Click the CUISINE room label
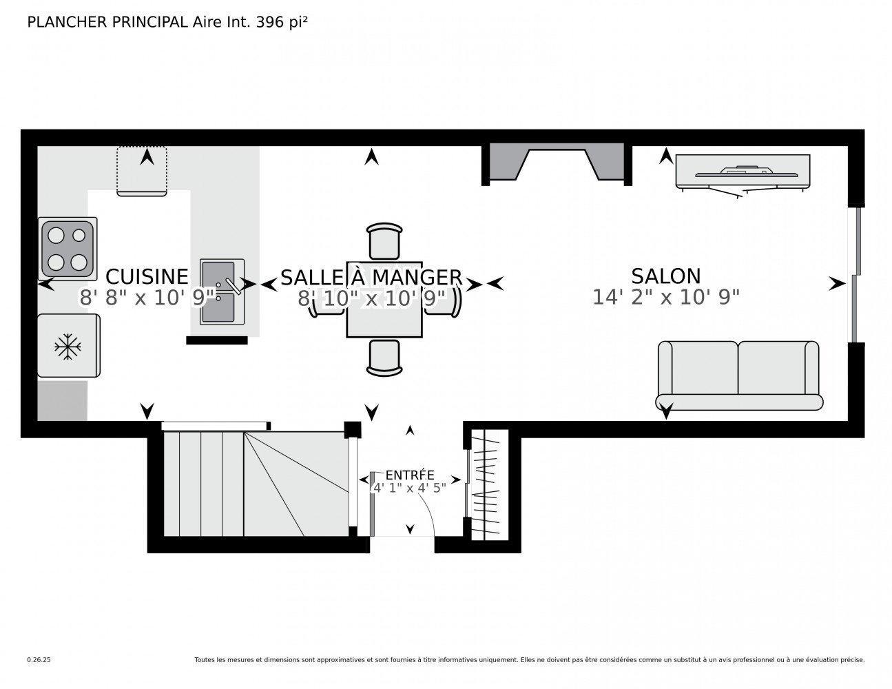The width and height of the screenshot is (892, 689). pos(147,276)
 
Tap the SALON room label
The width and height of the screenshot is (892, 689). pos(665,276)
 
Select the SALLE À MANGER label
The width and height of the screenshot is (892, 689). pos(371,277)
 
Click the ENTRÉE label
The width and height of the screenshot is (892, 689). pos(409,475)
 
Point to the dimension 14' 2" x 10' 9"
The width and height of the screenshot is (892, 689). pos(665,297)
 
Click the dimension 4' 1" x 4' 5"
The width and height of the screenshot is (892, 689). pos(409,488)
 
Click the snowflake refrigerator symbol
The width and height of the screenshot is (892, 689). pos(68,346)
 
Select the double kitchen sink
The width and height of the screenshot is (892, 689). pos(222,292)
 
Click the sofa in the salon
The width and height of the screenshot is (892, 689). pos(738,376)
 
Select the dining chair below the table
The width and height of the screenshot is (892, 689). pos(384,358)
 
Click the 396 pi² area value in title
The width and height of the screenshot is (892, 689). pos(281,22)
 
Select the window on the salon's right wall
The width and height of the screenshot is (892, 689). pos(854,274)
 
